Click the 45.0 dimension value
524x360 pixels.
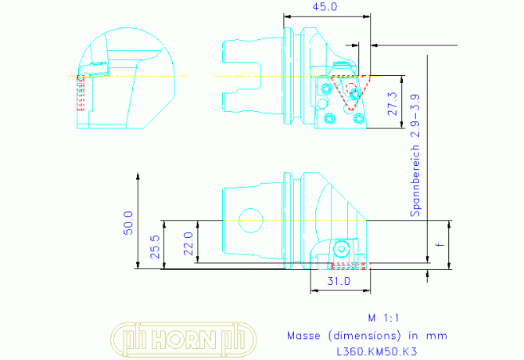click(325, 7)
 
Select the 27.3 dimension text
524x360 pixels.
click(393, 104)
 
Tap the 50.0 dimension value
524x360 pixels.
click(128, 223)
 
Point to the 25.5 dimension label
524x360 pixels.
click(155, 247)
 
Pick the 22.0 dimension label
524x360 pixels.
click(188, 243)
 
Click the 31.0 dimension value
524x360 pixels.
click(339, 281)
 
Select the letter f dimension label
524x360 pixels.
click(441, 245)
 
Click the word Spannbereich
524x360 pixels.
click(415, 181)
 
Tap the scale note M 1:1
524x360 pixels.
click(383, 318)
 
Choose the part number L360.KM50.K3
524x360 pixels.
click(377, 351)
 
